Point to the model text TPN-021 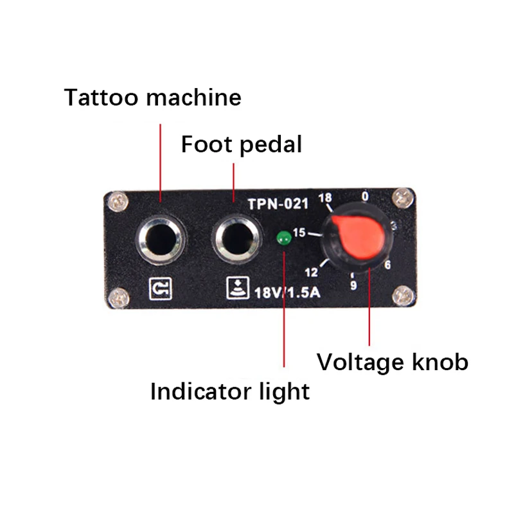(x=278, y=204)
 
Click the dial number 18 (x=326, y=199)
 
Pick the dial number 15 (x=299, y=233)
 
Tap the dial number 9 (x=353, y=285)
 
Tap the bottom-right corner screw (x=403, y=296)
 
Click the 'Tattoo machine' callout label (x=153, y=98)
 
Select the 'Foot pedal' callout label (x=241, y=144)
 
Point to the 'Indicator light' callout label (x=229, y=391)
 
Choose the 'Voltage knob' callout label (x=392, y=362)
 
